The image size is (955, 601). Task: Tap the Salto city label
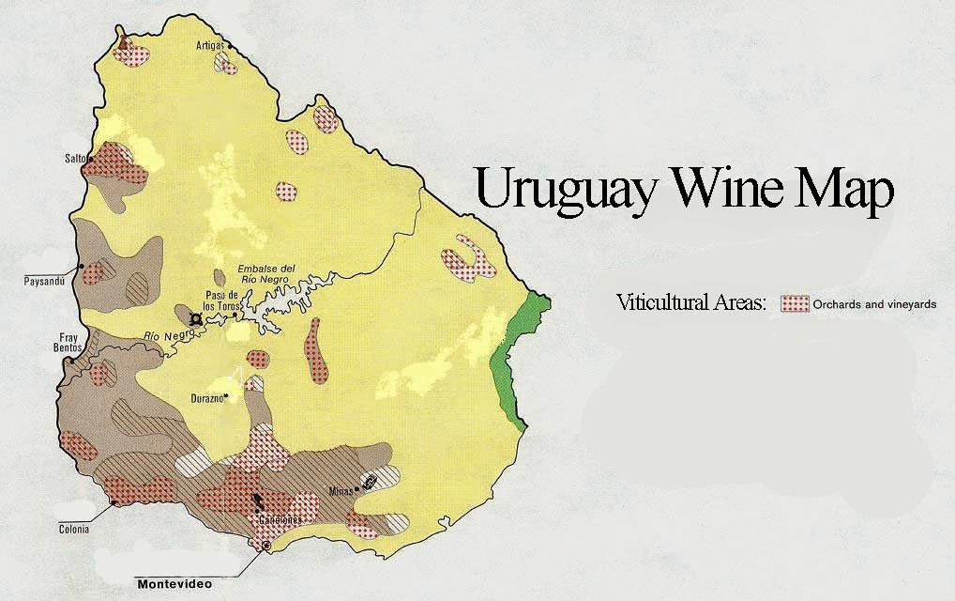[x=75, y=159]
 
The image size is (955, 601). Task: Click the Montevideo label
[x=174, y=584]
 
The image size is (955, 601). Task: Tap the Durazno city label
[x=206, y=397]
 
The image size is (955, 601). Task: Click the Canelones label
[x=280, y=519]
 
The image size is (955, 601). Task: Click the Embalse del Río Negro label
[x=267, y=272]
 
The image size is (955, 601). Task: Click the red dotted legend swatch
[x=795, y=303]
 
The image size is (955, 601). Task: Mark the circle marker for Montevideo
[x=266, y=546]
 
